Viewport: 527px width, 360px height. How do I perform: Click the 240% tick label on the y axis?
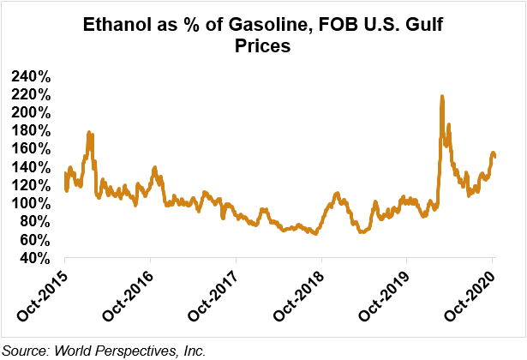(x=33, y=76)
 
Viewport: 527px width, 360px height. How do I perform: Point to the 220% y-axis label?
(x=33, y=94)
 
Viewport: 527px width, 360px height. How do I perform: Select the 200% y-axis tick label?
(x=33, y=112)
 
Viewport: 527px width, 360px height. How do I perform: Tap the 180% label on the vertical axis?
(x=33, y=130)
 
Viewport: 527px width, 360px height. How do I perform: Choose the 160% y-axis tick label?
(x=33, y=148)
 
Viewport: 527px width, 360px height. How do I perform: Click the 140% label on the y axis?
(x=33, y=167)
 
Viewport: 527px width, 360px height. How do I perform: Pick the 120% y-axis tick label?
(x=33, y=185)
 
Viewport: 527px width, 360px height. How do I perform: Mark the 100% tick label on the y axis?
(x=33, y=203)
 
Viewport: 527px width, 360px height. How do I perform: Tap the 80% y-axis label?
(x=37, y=221)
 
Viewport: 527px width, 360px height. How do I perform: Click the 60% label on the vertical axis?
(x=37, y=239)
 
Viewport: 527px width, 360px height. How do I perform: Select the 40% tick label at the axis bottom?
(x=37, y=257)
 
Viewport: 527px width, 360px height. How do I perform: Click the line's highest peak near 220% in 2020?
(x=441, y=97)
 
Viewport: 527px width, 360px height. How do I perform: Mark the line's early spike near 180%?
(x=89, y=134)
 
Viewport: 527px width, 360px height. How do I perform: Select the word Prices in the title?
(x=263, y=47)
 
